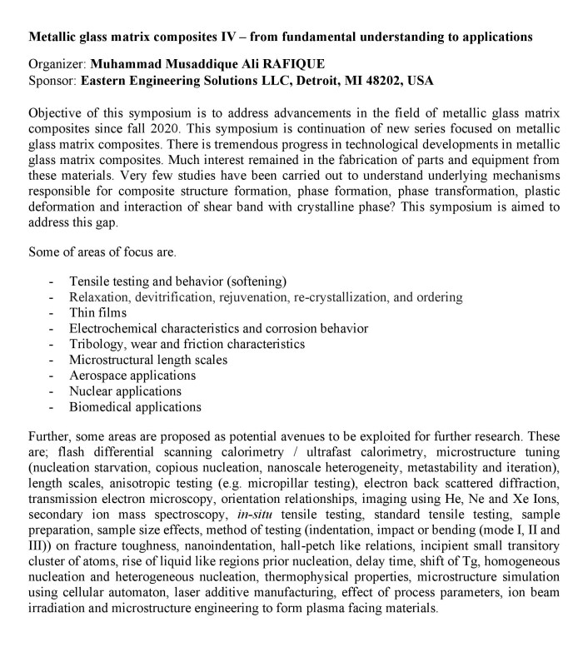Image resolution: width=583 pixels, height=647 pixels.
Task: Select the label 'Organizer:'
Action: tap(57, 64)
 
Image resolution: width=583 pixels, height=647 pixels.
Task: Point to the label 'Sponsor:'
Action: tap(52, 81)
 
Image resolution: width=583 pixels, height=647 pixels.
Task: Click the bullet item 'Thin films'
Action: tap(98, 313)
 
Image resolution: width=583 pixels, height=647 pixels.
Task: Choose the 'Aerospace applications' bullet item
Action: tap(132, 376)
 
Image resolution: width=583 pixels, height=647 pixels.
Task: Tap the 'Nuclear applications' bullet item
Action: tap(125, 391)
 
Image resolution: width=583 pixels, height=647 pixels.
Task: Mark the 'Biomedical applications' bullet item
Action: tap(135, 407)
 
